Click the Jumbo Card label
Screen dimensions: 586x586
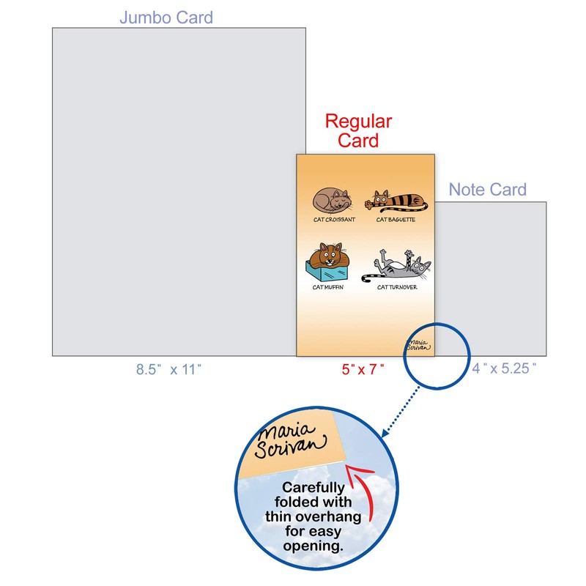[166, 17]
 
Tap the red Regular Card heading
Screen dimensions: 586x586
[358, 130]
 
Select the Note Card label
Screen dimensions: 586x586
[487, 190]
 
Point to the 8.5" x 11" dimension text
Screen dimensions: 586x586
[168, 370]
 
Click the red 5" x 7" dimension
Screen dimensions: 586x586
[363, 370]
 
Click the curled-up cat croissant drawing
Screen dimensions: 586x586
[330, 200]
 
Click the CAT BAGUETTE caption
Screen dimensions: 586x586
[396, 219]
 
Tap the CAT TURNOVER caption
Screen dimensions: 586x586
[397, 287]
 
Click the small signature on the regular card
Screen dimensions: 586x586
[418, 344]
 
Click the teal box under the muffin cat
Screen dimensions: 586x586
[327, 273]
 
